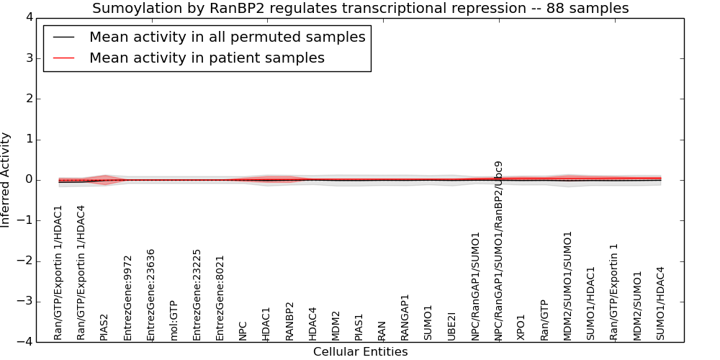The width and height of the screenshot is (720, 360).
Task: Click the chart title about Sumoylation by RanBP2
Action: [x=361, y=8]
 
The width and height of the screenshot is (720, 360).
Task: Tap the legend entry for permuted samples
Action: [x=228, y=37]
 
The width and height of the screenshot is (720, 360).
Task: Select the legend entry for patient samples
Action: [x=207, y=58]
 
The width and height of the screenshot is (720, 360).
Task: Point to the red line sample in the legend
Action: [x=64, y=58]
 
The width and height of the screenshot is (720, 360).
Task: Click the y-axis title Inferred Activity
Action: [x=5, y=180]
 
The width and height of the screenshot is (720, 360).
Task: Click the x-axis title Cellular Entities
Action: [x=361, y=352]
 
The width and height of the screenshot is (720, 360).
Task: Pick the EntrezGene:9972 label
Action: [x=127, y=298]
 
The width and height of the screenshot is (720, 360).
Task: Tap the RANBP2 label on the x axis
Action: [x=289, y=321]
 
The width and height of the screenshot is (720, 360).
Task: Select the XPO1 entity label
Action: [x=521, y=328]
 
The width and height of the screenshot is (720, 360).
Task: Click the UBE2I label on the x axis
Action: [x=451, y=326]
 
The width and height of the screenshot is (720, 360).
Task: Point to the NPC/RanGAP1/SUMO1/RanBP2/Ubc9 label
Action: [x=498, y=251]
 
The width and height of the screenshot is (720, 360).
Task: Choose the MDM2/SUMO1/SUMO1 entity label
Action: [x=567, y=286]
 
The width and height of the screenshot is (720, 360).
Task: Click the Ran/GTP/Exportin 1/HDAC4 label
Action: [x=81, y=273]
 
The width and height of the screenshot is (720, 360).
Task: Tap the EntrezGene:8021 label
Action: [x=220, y=298]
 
